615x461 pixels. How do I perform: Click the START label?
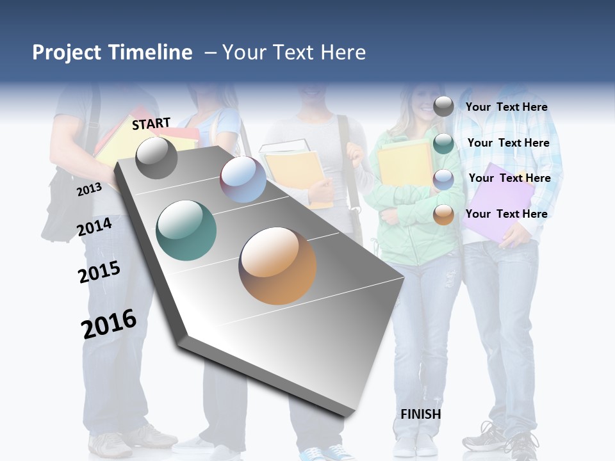tap(151, 124)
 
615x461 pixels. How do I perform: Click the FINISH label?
tap(421, 414)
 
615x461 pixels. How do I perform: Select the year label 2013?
tap(89, 189)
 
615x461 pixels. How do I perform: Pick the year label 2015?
tap(99, 272)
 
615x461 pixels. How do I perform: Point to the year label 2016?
tap(109, 324)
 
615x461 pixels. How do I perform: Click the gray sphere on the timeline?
tap(156, 158)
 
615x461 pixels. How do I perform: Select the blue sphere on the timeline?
tap(243, 179)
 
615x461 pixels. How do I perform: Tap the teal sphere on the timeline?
tap(186, 230)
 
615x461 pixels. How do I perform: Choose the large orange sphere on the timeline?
tap(277, 265)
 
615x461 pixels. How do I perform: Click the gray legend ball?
tap(443, 107)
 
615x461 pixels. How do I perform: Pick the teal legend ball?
tap(443, 143)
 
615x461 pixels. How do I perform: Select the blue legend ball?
tap(443, 179)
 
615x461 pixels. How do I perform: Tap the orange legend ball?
tap(443, 214)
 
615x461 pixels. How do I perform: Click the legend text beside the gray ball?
tap(506, 107)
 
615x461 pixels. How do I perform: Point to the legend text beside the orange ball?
tap(506, 214)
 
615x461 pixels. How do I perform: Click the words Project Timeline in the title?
tap(112, 53)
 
